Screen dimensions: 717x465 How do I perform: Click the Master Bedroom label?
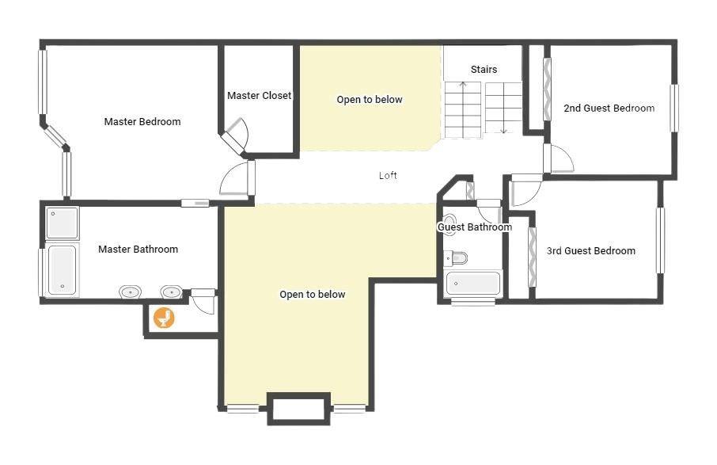(x=142, y=122)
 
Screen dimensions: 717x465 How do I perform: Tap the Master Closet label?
(x=260, y=96)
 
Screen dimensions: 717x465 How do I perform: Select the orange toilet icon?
(x=164, y=318)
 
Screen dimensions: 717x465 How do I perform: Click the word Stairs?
(x=484, y=70)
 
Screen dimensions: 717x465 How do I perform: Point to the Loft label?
(x=388, y=175)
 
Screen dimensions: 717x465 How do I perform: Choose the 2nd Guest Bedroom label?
(x=609, y=109)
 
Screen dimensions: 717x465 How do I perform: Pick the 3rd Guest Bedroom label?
(x=591, y=251)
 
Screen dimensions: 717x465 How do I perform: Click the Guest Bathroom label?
(x=475, y=227)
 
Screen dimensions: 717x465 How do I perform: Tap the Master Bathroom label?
(x=138, y=250)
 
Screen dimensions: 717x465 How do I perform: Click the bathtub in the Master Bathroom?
(x=63, y=270)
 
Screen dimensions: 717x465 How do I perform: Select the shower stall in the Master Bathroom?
(x=63, y=223)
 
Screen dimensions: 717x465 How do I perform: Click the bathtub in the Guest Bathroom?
(x=472, y=284)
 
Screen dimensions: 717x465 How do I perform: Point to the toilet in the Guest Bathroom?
(x=456, y=258)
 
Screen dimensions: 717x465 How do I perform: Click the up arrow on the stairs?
(x=463, y=109)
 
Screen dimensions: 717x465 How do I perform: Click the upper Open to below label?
(x=370, y=100)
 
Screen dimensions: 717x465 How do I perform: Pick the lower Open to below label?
(x=313, y=294)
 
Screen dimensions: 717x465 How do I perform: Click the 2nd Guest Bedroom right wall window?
(x=674, y=109)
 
